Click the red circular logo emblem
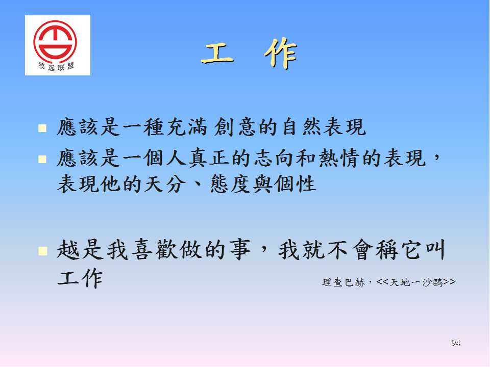(55, 41)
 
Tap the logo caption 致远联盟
(56, 66)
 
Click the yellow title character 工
(217, 54)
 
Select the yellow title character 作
(281, 54)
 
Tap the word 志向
(274, 158)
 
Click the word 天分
(163, 184)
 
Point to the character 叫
(434, 250)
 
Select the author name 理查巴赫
(343, 282)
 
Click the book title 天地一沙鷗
(416, 282)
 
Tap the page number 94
(456, 343)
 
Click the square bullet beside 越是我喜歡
(42, 251)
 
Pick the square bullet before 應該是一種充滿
(42, 128)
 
